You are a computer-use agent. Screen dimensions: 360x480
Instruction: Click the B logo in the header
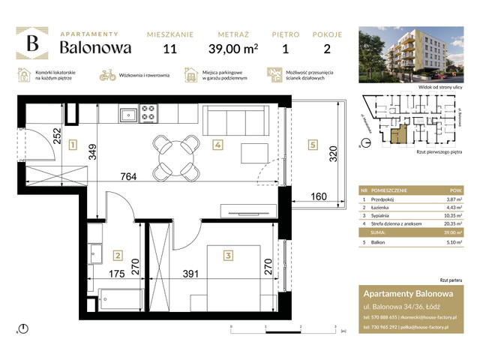tap(32, 43)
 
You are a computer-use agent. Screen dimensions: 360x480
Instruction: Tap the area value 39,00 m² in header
tap(235, 49)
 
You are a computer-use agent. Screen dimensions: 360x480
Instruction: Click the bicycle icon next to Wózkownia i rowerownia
tap(106, 75)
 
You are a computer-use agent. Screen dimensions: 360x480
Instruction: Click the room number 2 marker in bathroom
tap(117, 256)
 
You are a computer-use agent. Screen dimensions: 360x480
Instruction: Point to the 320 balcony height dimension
tap(333, 158)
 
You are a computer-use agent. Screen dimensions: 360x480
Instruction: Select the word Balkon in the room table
tap(378, 242)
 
